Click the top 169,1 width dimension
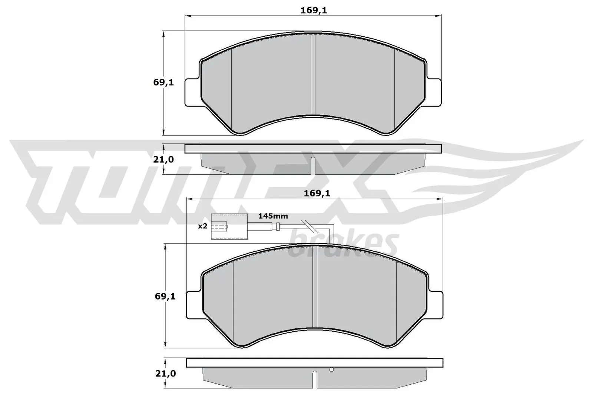coord(314,11)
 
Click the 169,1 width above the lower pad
coord(317,193)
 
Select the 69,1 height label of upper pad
coord(163,83)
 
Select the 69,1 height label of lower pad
coord(165,297)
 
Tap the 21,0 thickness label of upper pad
coord(163,160)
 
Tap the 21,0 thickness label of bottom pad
coord(165,374)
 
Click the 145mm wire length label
coord(273,216)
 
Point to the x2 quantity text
coord(202,226)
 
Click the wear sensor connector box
coord(229,227)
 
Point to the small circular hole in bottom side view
coord(331,369)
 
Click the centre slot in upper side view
coord(313,165)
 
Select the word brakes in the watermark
coord(343,245)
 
